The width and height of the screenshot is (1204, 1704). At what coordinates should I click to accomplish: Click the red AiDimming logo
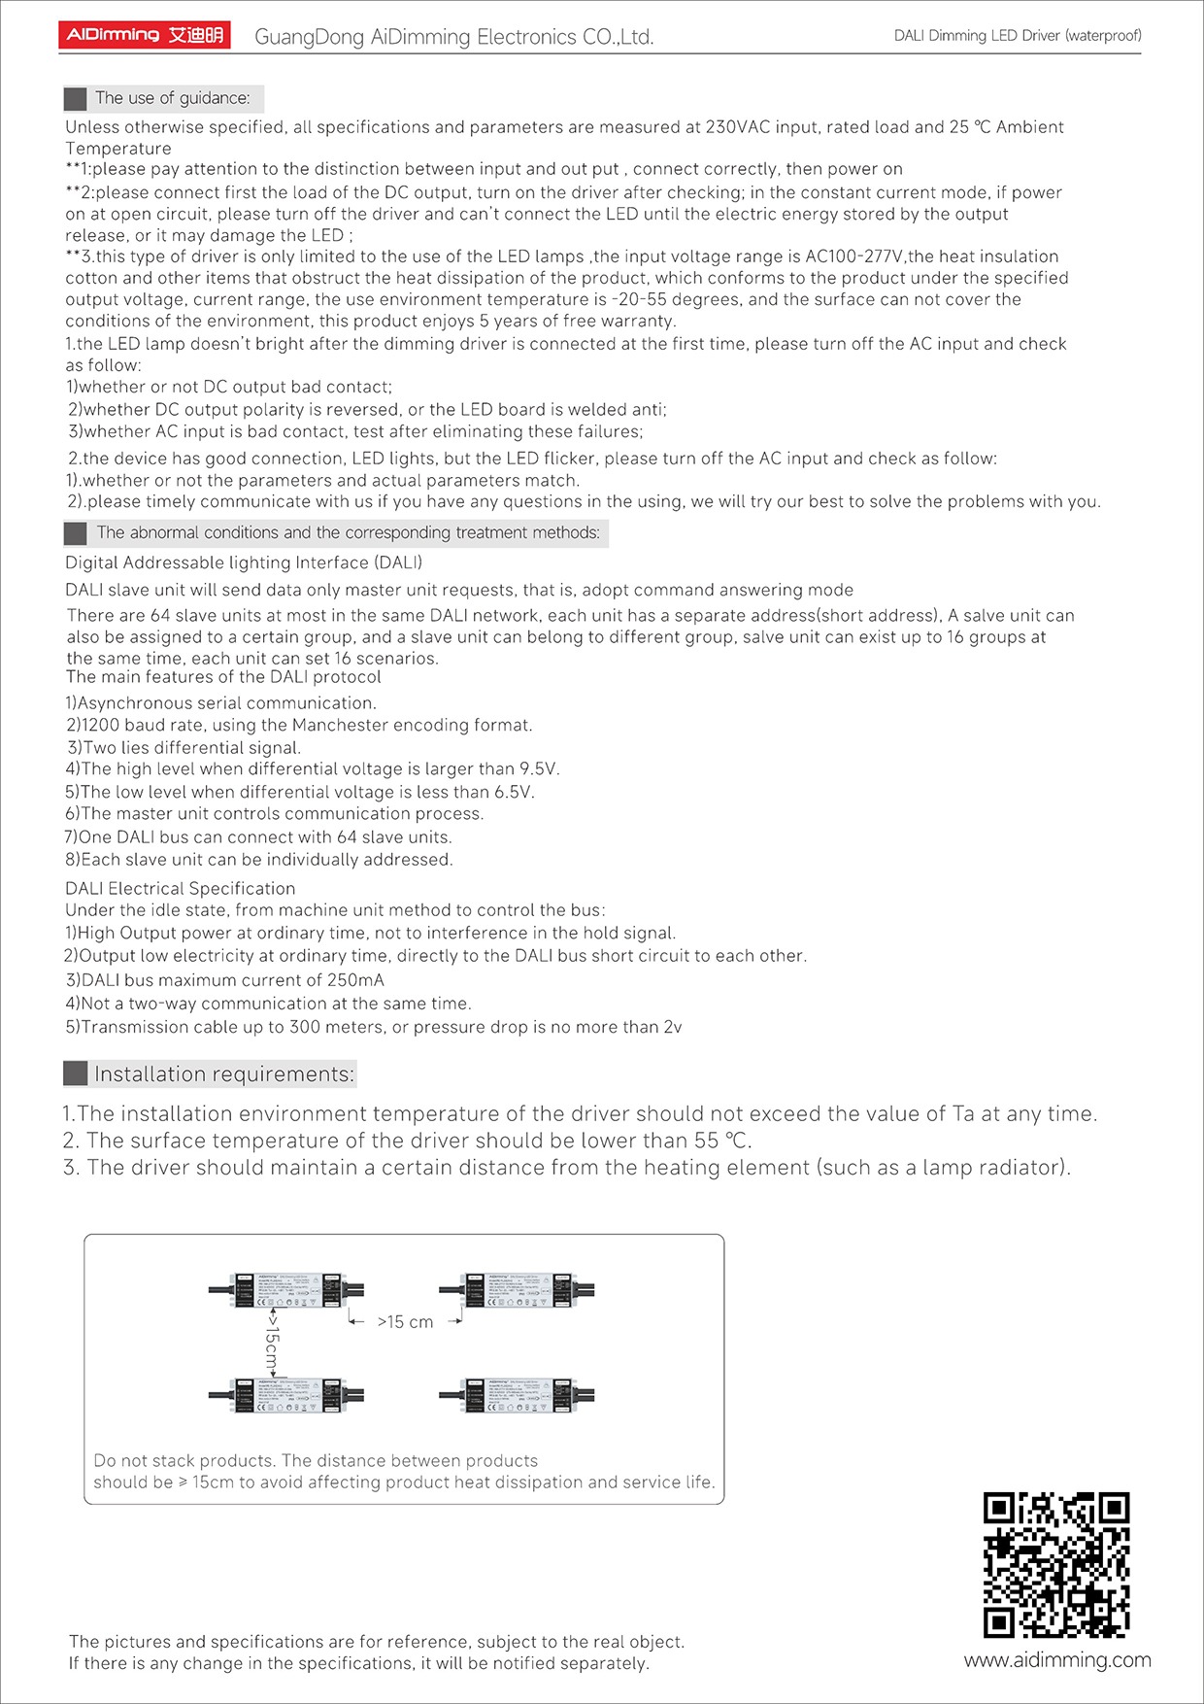coord(144,36)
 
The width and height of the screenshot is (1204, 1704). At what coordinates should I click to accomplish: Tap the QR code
coord(1055,1564)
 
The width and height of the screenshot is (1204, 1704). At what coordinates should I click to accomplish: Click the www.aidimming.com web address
coord(1057,1660)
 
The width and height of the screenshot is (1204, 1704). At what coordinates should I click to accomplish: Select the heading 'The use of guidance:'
coord(172,98)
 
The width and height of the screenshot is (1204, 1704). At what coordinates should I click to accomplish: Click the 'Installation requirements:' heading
coord(224,1074)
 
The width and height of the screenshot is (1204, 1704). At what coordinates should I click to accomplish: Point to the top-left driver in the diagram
coord(285,1290)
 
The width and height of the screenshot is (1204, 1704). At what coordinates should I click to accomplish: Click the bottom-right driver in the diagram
coord(516,1395)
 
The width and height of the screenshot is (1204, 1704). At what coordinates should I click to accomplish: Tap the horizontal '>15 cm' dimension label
coord(405,1322)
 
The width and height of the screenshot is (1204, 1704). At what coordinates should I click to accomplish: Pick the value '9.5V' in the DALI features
coord(539,769)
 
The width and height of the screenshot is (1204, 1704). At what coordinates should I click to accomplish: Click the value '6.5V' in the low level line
coord(514,792)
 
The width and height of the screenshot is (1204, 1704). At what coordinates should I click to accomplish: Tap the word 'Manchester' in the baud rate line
coord(343,725)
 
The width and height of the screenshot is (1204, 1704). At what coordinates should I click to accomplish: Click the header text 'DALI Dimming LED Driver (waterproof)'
coord(1018,36)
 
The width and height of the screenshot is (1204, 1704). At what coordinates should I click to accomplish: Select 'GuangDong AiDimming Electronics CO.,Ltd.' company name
coord(453,37)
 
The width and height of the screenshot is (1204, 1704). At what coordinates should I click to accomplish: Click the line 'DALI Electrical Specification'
coord(180,888)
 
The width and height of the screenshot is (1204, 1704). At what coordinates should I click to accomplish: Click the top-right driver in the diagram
coord(516,1290)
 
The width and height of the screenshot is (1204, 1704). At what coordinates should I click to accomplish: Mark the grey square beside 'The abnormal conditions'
coord(75,533)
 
